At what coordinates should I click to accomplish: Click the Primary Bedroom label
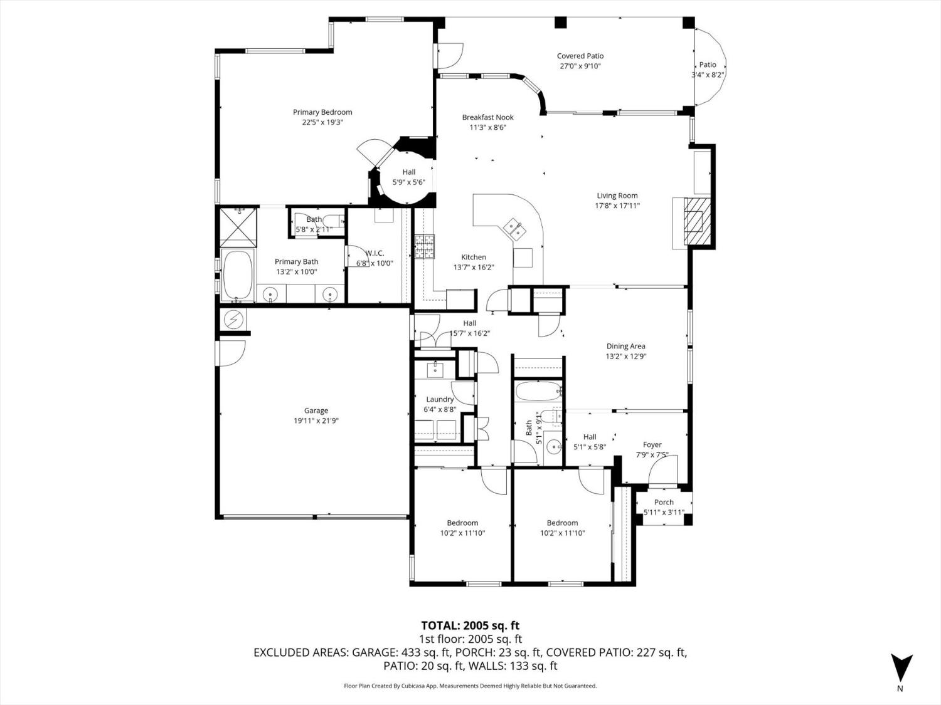(322, 113)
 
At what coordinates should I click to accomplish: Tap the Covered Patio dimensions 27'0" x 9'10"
(580, 66)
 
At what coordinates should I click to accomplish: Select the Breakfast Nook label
(487, 117)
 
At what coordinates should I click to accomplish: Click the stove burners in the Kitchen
(423, 246)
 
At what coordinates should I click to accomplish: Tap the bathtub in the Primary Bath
(237, 276)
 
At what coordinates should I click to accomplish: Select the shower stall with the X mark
(238, 226)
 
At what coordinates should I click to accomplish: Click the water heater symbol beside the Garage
(234, 320)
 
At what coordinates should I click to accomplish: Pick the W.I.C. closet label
(375, 253)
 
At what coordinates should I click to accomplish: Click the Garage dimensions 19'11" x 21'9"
(316, 421)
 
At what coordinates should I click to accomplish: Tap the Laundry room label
(440, 399)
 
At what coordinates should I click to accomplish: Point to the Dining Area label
(625, 346)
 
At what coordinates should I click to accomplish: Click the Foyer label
(652, 445)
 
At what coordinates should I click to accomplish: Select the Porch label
(664, 502)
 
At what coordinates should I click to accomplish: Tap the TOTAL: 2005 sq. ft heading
(470, 625)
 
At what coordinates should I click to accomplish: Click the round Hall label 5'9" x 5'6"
(408, 172)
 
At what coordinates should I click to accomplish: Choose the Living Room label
(617, 196)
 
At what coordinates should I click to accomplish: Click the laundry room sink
(435, 369)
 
